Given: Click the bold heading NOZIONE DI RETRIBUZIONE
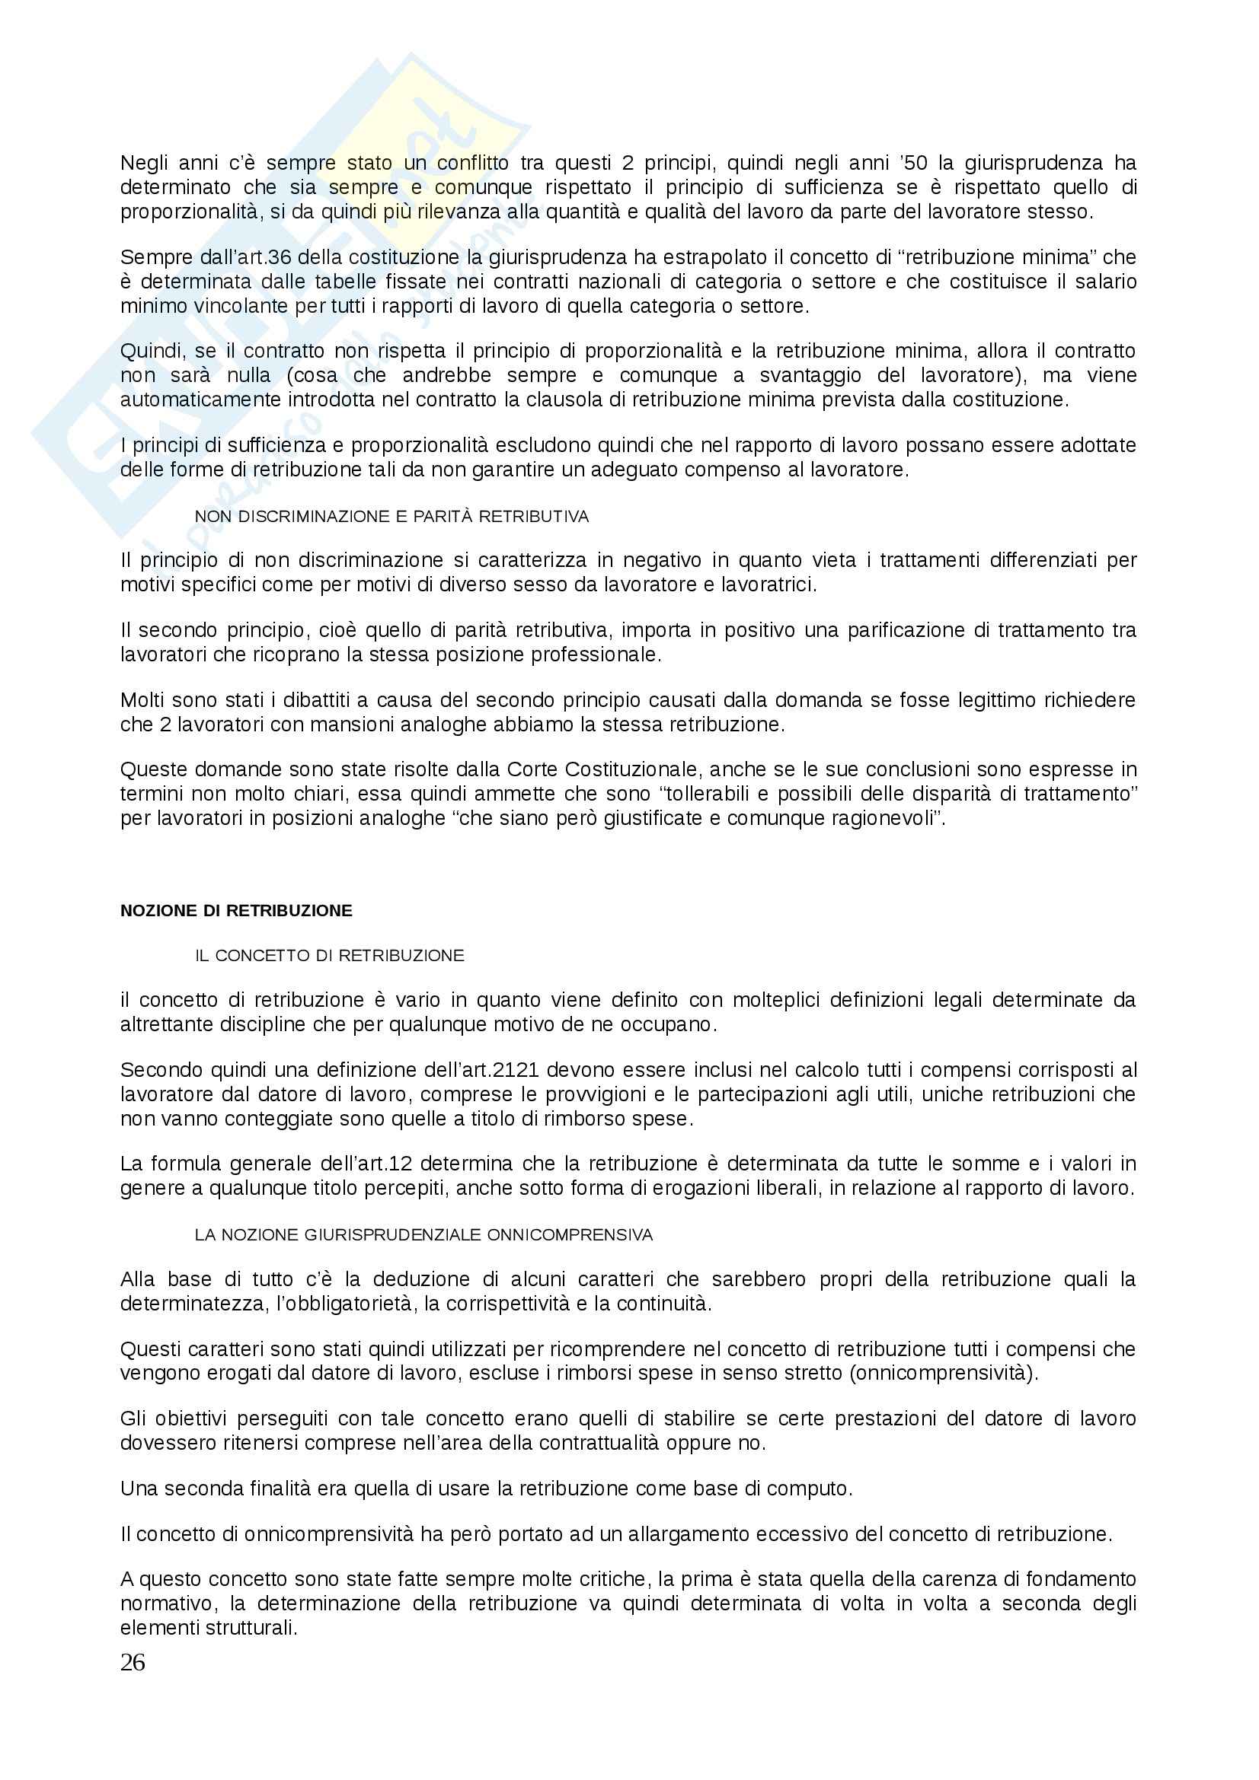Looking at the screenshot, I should [236, 911].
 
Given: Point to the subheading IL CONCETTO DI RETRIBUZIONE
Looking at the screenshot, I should [329, 956].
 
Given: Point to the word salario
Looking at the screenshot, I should [1104, 282].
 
